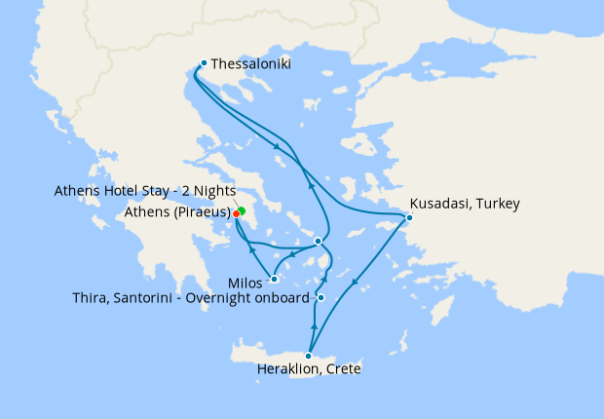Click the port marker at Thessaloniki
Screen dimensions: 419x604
click(203, 64)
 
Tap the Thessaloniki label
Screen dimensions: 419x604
click(250, 64)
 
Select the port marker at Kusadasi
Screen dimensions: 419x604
click(409, 217)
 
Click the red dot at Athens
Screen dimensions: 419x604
click(237, 214)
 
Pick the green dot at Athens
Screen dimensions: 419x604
click(242, 210)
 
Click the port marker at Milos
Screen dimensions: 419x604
click(274, 279)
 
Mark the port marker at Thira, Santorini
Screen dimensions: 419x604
click(321, 297)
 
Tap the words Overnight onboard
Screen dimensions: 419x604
click(248, 297)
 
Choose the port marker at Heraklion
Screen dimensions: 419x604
click(309, 355)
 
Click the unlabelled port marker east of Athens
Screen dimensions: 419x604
click(318, 241)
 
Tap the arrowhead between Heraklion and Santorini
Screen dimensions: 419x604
click(315, 321)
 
